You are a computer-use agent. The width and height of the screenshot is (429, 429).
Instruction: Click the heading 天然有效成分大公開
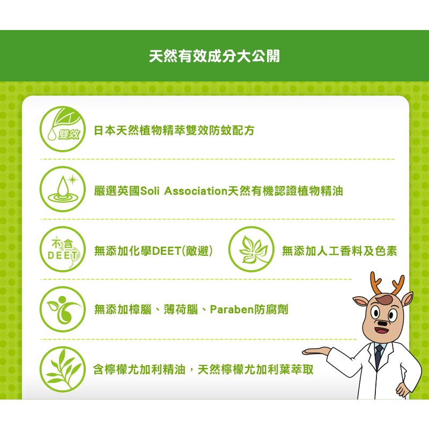coord(214,56)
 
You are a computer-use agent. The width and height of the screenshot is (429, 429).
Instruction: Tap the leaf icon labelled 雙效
coord(63,129)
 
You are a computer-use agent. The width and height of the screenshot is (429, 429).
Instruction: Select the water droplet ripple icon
coord(63,189)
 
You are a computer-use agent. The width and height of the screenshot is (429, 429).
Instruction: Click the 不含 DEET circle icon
coord(63,249)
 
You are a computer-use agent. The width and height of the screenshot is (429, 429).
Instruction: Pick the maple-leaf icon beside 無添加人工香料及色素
coord(251,249)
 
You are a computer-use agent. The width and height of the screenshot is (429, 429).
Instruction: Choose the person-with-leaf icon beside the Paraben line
coord(63,309)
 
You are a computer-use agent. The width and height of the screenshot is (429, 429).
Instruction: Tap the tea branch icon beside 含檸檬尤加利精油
coord(63,369)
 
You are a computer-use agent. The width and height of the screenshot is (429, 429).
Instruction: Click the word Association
coord(196,191)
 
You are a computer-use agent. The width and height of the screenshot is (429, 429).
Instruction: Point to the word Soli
coord(150,191)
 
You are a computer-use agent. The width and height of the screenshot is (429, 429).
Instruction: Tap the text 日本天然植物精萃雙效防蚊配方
coord(174,130)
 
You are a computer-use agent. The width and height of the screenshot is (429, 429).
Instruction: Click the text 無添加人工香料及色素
coord(339,250)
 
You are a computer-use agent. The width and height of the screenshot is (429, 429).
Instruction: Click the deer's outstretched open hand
coord(316,351)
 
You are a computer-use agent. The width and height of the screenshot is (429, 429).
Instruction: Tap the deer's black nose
coord(382,323)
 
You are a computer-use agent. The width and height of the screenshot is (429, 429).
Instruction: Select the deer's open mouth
coord(382,330)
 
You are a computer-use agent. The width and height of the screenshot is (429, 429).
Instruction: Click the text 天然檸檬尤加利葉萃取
coord(256,369)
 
